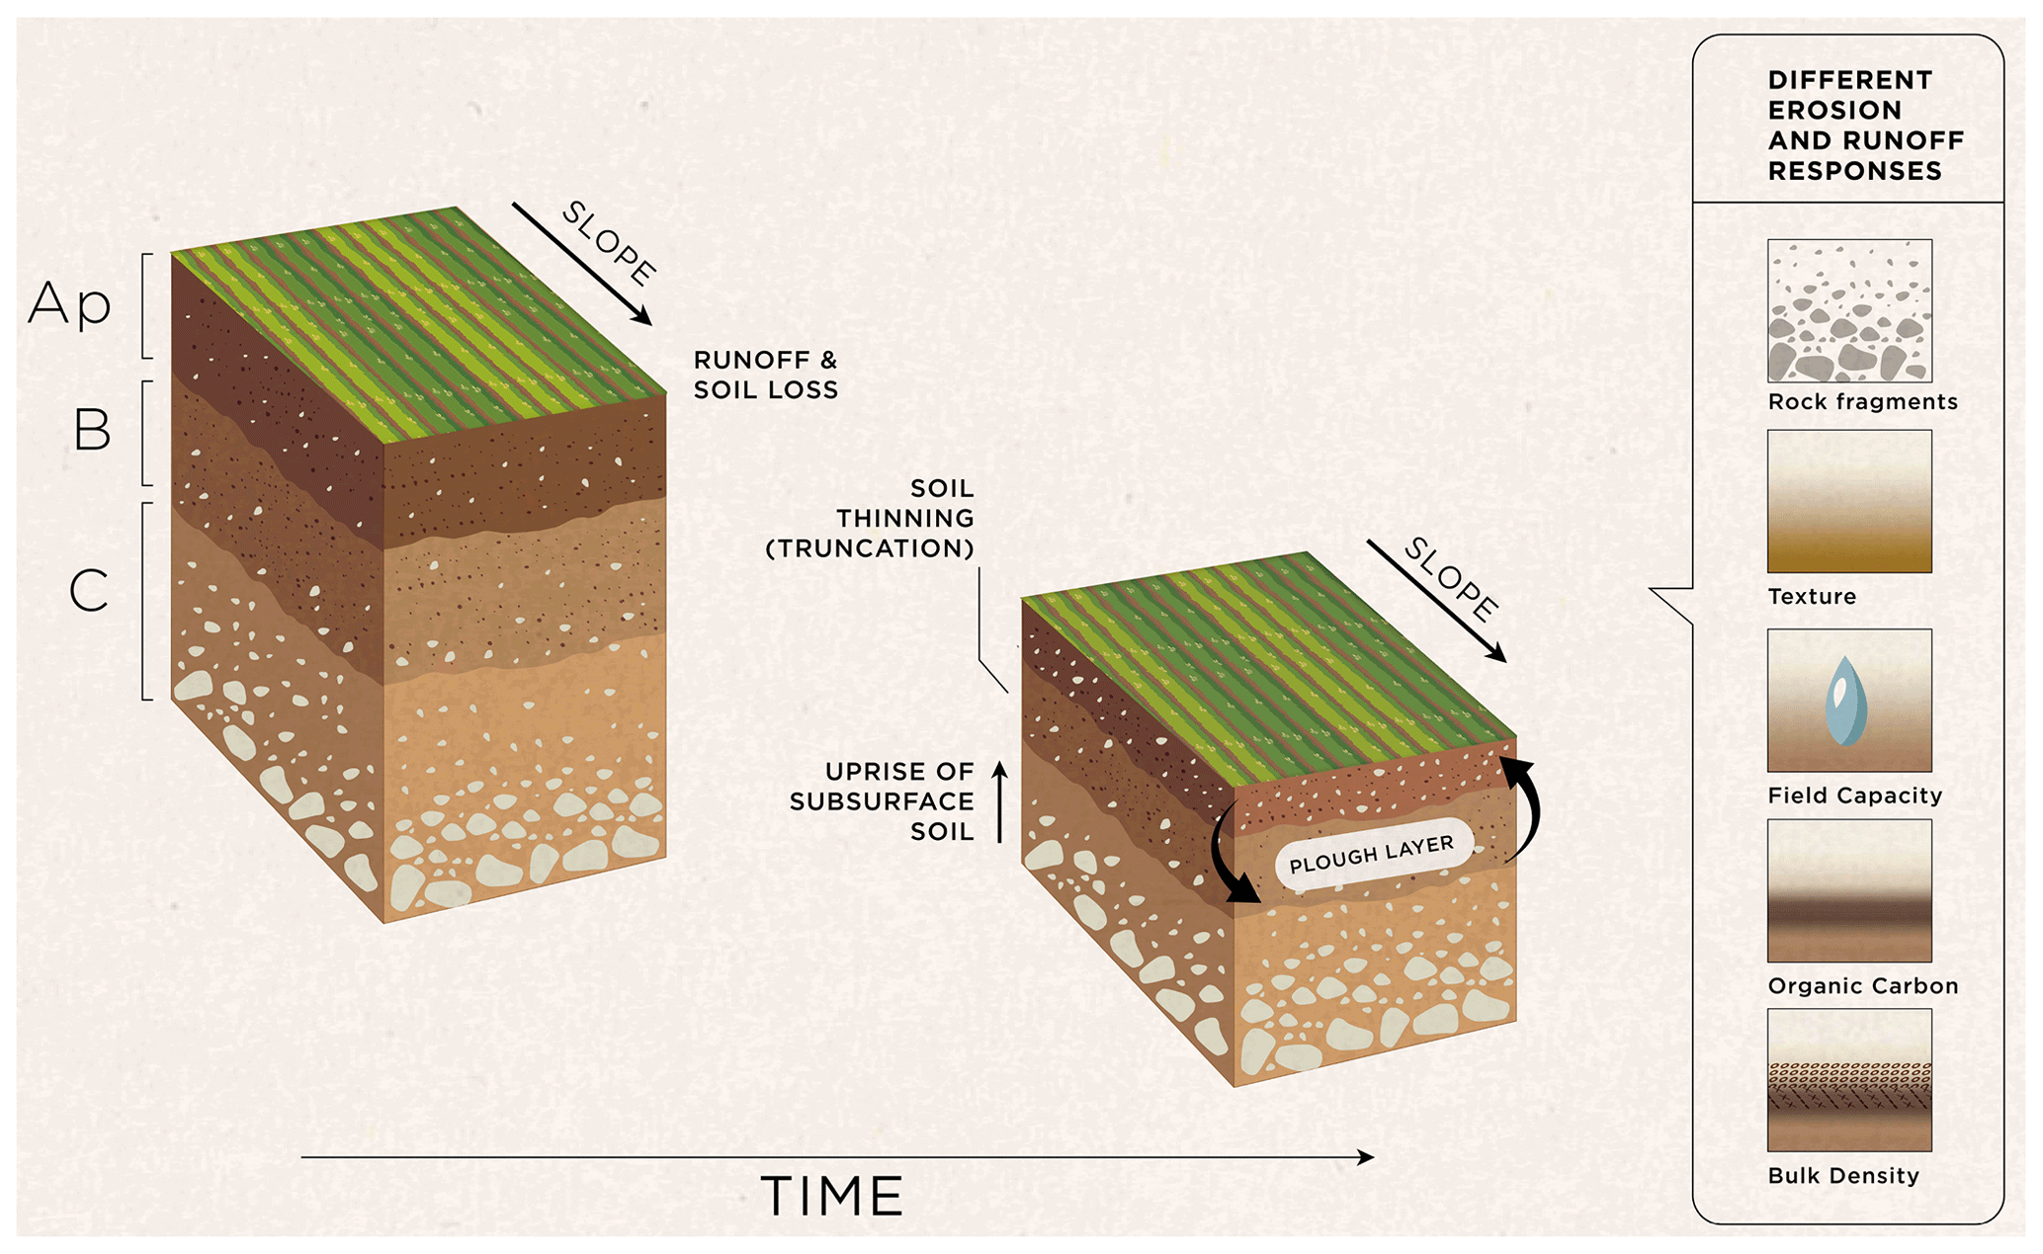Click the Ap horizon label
click(x=69, y=303)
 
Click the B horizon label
click(x=92, y=430)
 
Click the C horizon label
click(x=89, y=591)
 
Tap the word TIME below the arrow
click(x=832, y=1197)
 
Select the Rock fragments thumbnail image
click(x=1849, y=310)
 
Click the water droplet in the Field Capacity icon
click(x=1845, y=702)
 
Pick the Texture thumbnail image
click(x=1849, y=501)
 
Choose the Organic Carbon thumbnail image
click(x=1849, y=890)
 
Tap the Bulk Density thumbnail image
click(x=1849, y=1080)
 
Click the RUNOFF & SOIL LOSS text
click(x=765, y=376)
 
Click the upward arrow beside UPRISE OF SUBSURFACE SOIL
click(x=999, y=801)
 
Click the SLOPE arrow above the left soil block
click(x=581, y=264)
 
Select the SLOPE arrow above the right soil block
click(x=1436, y=601)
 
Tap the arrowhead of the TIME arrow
click(x=1366, y=1157)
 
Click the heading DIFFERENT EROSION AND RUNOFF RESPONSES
click(x=1864, y=125)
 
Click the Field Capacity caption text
click(x=1854, y=795)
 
